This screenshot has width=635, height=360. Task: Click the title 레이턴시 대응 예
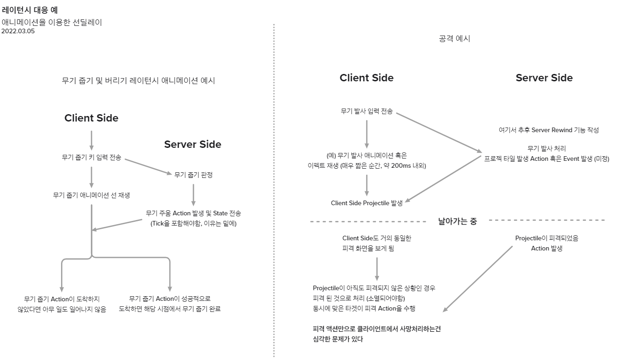30,10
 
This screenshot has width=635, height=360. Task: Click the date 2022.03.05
18,31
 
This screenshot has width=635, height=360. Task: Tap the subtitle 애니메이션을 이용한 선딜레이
52,22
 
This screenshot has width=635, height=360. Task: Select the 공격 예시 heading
454,39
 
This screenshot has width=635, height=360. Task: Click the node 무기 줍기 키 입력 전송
91,157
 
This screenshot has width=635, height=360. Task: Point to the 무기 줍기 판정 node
194,175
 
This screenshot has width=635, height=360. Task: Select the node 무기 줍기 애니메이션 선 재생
91,195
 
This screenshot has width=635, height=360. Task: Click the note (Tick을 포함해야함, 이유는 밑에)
194,223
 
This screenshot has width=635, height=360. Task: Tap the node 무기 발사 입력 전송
367,111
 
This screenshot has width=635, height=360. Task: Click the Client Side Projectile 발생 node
367,203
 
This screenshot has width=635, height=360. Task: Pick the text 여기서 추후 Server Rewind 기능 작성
548,130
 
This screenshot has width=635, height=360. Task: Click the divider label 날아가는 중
457,221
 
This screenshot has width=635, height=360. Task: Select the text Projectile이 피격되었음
547,238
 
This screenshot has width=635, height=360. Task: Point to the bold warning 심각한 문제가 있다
338,339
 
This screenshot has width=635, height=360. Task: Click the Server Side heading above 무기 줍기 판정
193,144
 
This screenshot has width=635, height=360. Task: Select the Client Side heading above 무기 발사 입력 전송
367,78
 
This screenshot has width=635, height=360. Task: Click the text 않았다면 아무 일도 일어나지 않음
61,309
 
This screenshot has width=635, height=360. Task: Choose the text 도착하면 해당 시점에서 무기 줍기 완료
170,309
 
